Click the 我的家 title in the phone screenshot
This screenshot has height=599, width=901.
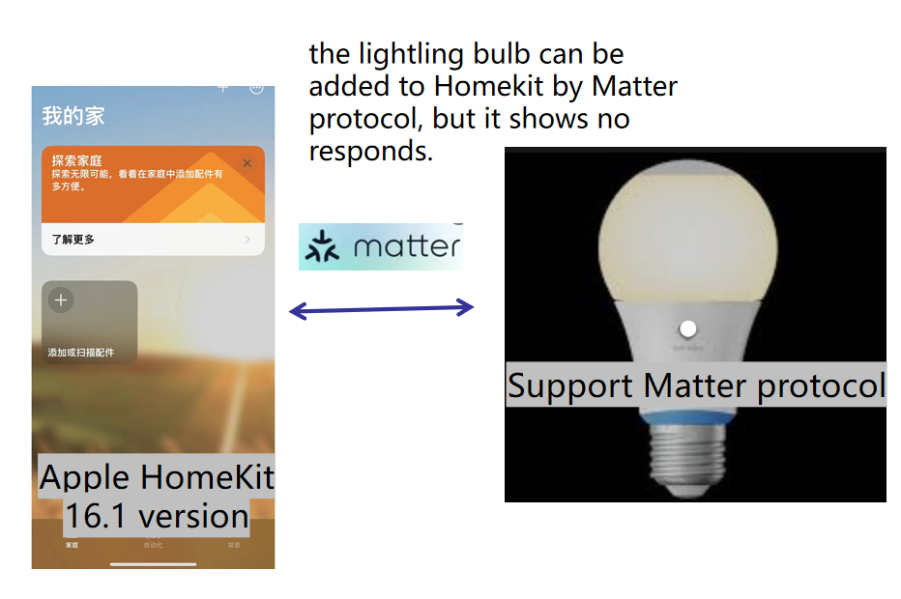73,117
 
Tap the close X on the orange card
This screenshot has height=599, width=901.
247,164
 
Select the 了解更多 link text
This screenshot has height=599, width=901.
73,239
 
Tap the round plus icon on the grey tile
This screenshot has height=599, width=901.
61,300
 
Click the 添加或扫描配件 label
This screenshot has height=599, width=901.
81,353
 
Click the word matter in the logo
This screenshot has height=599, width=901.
406,246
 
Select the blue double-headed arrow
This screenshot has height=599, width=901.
382,309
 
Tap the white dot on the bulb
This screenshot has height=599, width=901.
688,328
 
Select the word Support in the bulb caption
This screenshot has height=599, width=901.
570,385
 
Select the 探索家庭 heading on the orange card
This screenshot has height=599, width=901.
77,160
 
